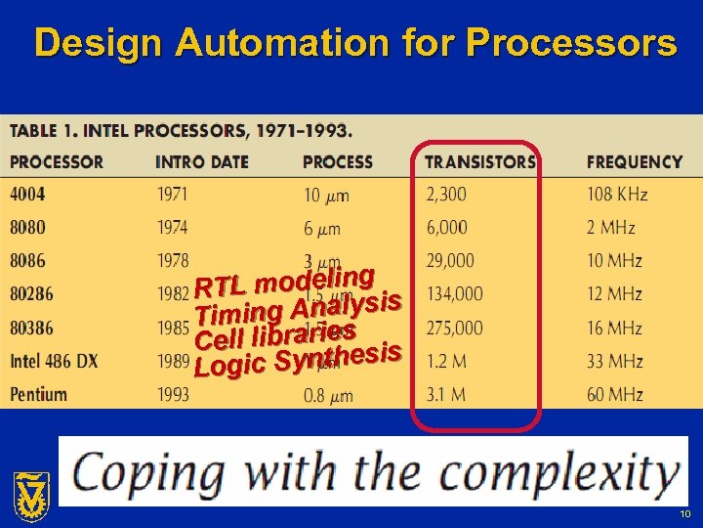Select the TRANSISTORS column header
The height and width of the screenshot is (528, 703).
[x=479, y=161]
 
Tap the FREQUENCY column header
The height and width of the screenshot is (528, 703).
[x=634, y=161]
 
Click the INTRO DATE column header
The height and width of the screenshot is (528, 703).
[x=202, y=161]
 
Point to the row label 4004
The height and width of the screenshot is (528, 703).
[x=27, y=195]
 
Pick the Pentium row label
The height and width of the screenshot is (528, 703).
[x=39, y=394]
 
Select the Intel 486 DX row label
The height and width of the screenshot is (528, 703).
[x=55, y=361]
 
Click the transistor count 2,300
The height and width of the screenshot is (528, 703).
[x=446, y=195]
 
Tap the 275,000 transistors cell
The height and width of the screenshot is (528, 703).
[x=454, y=328]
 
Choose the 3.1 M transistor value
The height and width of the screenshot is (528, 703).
[x=445, y=394]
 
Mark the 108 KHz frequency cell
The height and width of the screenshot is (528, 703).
[x=617, y=195]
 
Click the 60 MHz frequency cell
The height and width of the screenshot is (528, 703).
[x=615, y=394]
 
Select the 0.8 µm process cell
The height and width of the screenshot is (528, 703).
[x=327, y=395]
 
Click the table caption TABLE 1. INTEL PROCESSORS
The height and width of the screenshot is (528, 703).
[x=182, y=130]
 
